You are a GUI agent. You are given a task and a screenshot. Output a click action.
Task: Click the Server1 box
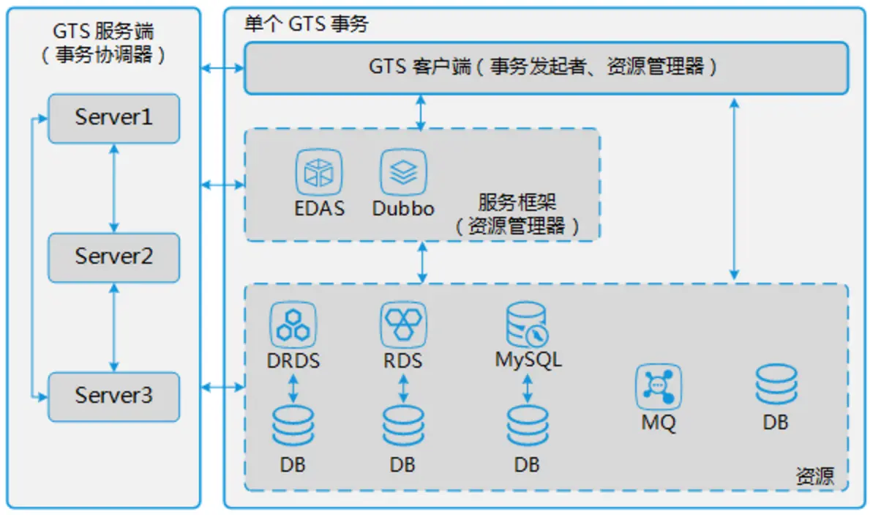pos(113,118)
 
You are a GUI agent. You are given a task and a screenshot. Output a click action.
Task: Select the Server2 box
pos(113,257)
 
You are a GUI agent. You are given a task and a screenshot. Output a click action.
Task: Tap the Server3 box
pos(113,396)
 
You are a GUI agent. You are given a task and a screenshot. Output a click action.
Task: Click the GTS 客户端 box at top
pos(545,67)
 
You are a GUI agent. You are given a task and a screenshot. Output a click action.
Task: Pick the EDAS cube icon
pos(319,172)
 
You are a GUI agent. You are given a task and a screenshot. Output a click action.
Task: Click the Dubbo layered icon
pos(403,172)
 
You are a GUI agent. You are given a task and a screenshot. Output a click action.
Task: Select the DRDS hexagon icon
pos(293,325)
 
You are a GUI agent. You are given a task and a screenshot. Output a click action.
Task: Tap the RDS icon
pos(403,325)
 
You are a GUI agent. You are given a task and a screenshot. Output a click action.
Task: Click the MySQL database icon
pos(527,325)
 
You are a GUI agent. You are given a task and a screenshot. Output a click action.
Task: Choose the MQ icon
pos(658,388)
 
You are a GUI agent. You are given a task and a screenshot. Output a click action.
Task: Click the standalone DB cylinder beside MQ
pos(776,385)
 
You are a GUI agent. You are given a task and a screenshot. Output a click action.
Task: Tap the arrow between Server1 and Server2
pos(113,188)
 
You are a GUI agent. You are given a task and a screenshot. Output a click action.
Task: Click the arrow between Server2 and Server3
pos(113,327)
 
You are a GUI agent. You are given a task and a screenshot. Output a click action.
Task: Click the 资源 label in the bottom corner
pos(814,477)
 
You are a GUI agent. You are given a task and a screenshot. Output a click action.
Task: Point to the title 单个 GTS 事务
pos(306,24)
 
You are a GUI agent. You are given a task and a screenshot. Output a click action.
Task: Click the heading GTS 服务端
pos(103,32)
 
